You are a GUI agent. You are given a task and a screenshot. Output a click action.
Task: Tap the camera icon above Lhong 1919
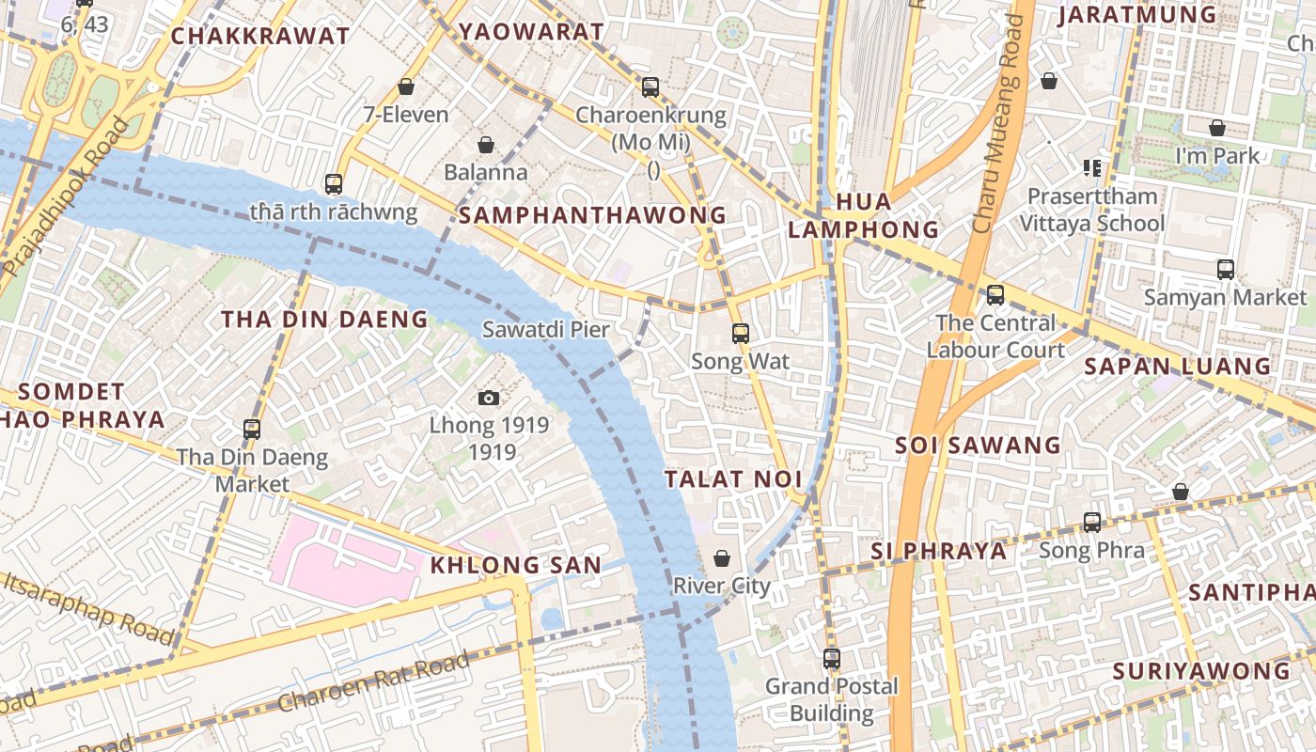click(488, 398)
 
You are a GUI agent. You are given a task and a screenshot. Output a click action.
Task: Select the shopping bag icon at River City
click(722, 558)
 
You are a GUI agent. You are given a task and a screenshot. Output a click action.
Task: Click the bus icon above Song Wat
click(741, 333)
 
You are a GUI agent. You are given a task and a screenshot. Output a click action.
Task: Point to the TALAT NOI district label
click(733, 479)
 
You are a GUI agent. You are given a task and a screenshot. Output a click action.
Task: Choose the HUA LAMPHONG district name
click(863, 215)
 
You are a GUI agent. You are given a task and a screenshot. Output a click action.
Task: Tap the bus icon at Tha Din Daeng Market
click(252, 430)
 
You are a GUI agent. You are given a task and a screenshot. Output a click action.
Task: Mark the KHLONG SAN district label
click(515, 565)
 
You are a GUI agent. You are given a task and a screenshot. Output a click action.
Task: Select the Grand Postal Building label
click(831, 699)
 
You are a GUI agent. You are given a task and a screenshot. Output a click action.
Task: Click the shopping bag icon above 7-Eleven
click(406, 86)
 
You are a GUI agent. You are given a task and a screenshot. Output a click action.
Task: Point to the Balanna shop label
click(485, 173)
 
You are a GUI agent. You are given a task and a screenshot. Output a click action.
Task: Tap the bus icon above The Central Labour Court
click(995, 295)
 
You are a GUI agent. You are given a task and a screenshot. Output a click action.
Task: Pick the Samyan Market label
click(1224, 298)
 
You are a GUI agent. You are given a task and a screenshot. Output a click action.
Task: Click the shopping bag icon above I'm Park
click(1217, 128)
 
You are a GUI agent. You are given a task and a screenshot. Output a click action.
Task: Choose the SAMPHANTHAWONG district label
click(592, 215)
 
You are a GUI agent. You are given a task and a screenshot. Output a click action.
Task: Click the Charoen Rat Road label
click(373, 682)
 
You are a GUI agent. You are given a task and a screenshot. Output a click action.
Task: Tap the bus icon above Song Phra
click(1091, 523)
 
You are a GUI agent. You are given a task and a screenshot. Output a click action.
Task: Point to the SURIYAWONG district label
click(1200, 671)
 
